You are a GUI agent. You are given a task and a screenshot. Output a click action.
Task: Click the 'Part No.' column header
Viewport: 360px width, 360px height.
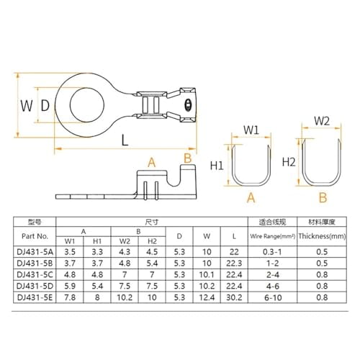pos(40,235)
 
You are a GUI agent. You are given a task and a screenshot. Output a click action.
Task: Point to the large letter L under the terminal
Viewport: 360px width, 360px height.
pos(125,140)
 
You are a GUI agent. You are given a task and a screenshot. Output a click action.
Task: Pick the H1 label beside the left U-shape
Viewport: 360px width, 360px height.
pos(216,166)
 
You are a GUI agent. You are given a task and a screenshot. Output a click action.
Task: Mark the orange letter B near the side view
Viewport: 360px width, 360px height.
pos(187,158)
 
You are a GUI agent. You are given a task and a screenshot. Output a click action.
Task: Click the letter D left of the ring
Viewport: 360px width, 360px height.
pos(45,107)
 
